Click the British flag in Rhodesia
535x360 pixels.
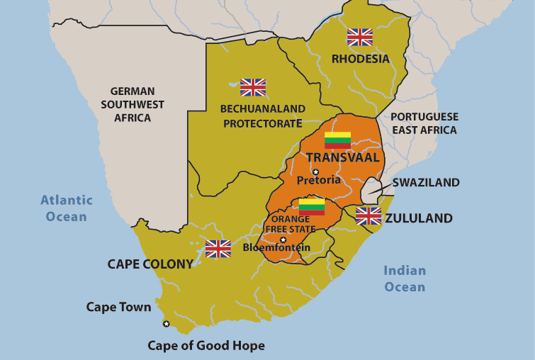(x=359, y=37)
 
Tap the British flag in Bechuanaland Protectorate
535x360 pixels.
(x=253, y=87)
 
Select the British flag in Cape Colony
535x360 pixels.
(x=218, y=249)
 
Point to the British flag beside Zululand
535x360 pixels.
(x=368, y=216)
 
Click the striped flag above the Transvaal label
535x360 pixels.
(x=338, y=140)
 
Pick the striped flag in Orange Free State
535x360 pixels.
(x=312, y=206)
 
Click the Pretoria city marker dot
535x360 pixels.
(x=316, y=171)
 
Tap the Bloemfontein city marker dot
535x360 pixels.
(x=283, y=240)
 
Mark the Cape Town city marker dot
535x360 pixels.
(x=167, y=324)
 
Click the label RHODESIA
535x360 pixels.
(x=361, y=59)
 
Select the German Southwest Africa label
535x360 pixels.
(x=133, y=104)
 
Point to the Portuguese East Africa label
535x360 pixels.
(x=425, y=123)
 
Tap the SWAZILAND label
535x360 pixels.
(x=426, y=183)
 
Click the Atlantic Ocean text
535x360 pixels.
(x=67, y=208)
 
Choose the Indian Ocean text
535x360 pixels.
(x=405, y=279)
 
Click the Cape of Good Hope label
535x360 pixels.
(x=206, y=346)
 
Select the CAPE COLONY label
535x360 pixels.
(x=150, y=264)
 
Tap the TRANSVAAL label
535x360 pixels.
(x=342, y=157)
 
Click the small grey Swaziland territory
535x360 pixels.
(x=371, y=191)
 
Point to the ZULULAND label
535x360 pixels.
(x=418, y=218)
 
